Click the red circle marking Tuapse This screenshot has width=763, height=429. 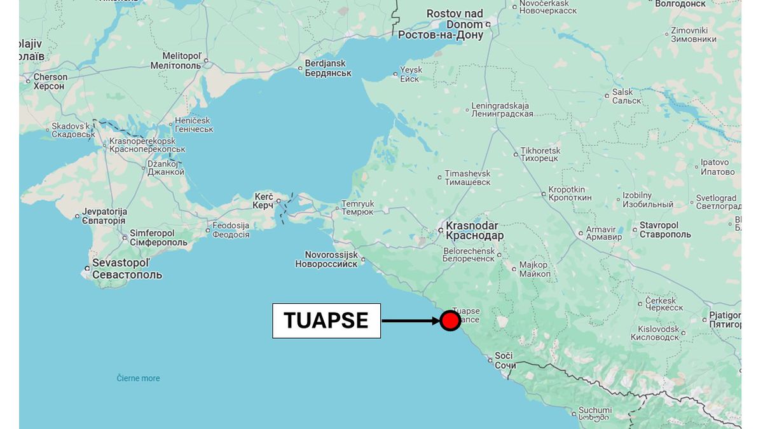450,320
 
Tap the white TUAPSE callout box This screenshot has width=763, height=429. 326,320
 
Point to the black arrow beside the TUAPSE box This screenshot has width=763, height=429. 410,320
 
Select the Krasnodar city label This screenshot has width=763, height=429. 474,231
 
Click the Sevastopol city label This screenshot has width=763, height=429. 127,269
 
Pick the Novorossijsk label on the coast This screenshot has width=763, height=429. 326,259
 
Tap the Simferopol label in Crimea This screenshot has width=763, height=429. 158,238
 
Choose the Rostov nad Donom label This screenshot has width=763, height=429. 441,24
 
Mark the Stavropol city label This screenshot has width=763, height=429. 664,230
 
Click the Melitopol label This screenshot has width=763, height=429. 175,60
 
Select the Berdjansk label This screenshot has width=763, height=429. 327,69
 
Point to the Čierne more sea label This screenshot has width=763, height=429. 138,378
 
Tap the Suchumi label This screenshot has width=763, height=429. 595,414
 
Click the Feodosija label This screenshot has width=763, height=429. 231,230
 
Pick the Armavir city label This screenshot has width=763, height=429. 604,233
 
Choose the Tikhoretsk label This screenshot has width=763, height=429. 540,154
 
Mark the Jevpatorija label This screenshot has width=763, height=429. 104,216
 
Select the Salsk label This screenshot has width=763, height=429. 622,97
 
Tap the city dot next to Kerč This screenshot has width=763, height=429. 278,201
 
